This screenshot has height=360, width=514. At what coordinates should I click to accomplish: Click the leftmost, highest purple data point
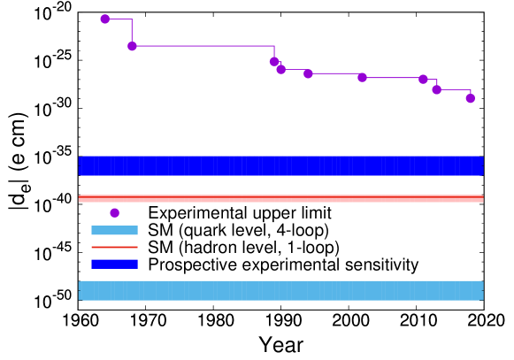click(105, 19)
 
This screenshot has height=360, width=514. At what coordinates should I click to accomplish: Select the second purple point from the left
click(132, 46)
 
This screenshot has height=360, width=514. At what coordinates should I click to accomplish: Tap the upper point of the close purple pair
click(274, 61)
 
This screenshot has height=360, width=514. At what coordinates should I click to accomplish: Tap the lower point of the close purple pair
click(280, 69)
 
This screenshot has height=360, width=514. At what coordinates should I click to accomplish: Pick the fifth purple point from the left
click(308, 73)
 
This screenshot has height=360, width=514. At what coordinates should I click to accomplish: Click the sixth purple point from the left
click(362, 77)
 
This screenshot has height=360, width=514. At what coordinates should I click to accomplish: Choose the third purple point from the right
click(423, 79)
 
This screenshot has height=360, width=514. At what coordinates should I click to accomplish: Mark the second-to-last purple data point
click(436, 89)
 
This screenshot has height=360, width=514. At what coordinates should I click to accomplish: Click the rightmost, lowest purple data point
click(470, 98)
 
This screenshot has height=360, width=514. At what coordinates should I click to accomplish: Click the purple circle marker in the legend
click(114, 212)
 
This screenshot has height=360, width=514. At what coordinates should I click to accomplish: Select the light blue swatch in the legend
click(114, 230)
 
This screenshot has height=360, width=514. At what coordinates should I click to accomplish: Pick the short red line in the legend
click(114, 247)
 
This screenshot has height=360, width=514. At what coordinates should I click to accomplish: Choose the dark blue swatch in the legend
click(114, 264)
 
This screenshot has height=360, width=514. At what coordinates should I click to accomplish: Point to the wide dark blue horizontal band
click(280, 166)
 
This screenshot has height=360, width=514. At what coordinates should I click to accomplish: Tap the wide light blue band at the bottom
click(280, 290)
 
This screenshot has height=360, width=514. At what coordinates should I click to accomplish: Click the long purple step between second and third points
click(203, 46)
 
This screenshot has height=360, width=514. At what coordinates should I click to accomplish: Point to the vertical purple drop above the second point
click(132, 32)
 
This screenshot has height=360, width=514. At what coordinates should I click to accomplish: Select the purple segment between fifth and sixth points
click(334, 73)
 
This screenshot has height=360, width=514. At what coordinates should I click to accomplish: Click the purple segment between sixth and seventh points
click(393, 78)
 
